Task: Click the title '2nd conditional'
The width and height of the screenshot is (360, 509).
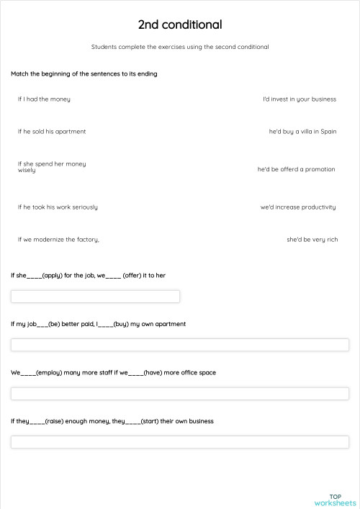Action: (180, 25)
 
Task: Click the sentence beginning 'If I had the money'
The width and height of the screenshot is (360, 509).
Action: (44, 99)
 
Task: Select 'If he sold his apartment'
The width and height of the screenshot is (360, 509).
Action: (52, 132)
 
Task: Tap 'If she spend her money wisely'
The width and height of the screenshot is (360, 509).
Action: (52, 167)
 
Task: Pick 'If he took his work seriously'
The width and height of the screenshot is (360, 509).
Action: (58, 207)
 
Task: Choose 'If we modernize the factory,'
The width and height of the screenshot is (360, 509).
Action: (58, 240)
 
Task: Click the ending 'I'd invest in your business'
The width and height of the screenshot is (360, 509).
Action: (299, 99)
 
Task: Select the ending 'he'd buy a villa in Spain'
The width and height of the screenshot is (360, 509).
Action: (302, 132)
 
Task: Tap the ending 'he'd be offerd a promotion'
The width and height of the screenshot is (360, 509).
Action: (296, 170)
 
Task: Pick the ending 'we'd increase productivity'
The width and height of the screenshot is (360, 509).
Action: (298, 207)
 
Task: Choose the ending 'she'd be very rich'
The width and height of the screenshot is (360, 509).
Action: (312, 240)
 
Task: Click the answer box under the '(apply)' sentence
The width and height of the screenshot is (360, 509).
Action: (95, 297)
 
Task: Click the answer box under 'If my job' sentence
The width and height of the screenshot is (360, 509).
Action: (180, 345)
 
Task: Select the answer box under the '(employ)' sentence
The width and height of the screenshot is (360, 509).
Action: (180, 394)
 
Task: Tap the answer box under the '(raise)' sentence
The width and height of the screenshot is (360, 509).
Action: (180, 442)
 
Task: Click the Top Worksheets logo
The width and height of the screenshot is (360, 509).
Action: (335, 500)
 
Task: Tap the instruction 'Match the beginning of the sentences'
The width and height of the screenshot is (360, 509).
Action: (84, 74)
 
